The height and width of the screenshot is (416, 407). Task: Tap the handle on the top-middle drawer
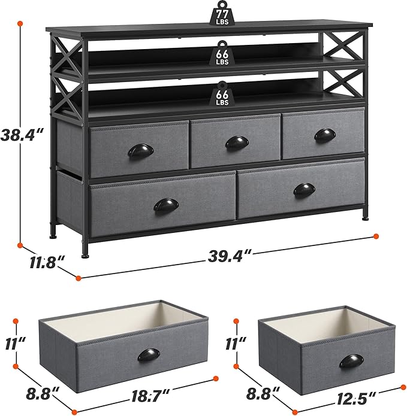coord(237,142)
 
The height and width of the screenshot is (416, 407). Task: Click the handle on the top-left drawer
coord(140,150)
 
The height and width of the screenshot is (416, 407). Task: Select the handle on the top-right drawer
coord(325,135)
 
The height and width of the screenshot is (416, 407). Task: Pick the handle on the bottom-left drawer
coord(166,205)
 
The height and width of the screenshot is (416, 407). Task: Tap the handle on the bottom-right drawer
coord(304,190)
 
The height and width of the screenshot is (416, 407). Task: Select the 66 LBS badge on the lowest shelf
coord(222,93)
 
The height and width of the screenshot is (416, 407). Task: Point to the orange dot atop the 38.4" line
coord(20,23)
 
